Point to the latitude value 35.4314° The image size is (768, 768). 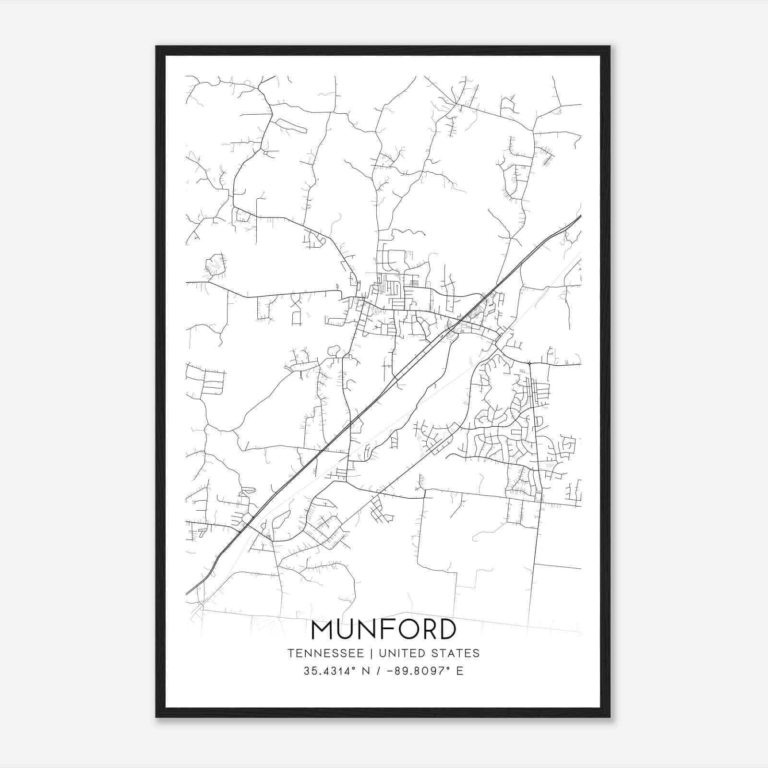[328, 671]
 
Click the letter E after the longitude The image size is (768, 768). [460, 671]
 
